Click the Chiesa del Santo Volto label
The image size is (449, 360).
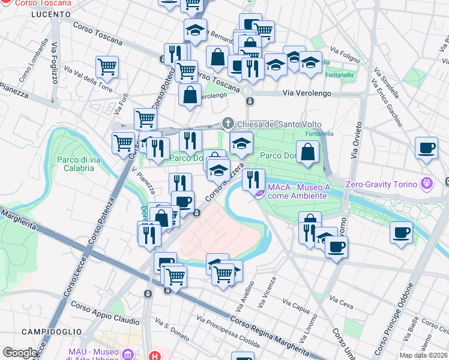[267, 124]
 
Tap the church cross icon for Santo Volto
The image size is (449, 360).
[228, 124]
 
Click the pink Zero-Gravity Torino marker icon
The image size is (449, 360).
[426, 183]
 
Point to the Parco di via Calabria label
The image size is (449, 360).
[76, 164]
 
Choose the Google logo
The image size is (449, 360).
[20, 352]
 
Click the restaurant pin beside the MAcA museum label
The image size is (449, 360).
[253, 178]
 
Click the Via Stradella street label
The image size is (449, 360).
[388, 83]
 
